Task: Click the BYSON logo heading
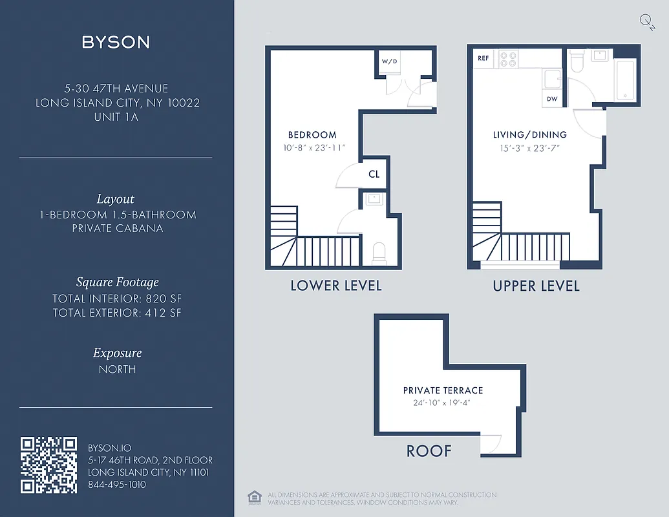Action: coord(116,43)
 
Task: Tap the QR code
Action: coord(49,465)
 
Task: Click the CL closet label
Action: coord(374,174)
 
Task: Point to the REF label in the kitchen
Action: coord(483,58)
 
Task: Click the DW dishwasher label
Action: coord(552,99)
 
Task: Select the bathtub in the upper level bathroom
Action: coord(625,79)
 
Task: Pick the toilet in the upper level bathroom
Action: coord(577,61)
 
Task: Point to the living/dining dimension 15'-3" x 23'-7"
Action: coord(529,148)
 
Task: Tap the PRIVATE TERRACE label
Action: coord(443,390)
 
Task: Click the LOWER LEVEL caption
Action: coord(335,286)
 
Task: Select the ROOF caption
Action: coord(429,451)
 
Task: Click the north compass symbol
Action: coord(646,21)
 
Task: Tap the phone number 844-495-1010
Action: coord(117,485)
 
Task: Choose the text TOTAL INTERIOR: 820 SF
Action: coord(116,299)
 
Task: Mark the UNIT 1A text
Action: coord(116,117)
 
